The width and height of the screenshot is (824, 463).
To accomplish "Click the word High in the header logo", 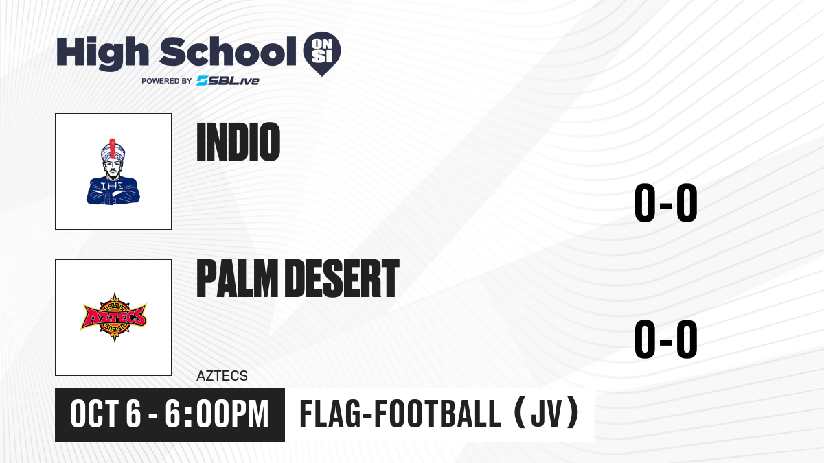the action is point(102,54).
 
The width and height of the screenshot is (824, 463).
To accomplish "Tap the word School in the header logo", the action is point(228,51).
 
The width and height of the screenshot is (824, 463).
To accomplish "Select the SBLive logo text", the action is point(228,81).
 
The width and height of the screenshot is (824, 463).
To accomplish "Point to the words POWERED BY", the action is point(167,81).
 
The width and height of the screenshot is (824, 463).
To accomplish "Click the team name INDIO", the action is point(238,142).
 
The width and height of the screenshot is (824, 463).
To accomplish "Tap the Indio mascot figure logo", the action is point(113,171).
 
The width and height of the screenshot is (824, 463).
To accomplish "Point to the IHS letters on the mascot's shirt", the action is point(112,186).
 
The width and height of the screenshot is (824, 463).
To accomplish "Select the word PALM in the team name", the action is point(238,278).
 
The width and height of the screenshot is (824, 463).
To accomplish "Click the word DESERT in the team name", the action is point(342,278).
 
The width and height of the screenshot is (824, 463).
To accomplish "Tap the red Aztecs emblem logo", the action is point(114,318).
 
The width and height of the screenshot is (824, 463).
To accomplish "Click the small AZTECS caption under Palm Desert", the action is point(222,376).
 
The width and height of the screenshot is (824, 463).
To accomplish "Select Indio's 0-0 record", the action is point(666,203).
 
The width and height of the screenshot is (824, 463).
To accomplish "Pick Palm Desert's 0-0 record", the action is point(666,339).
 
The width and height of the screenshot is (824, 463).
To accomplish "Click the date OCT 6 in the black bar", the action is point(106,414).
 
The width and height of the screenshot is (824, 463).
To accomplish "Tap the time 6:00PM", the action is point(217,414).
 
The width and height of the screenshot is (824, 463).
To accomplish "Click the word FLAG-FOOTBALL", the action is point(400,414).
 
